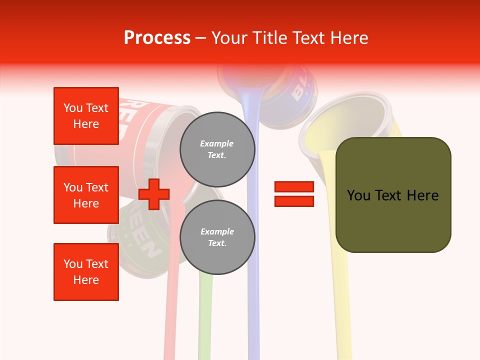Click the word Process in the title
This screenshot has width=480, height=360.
click(x=157, y=38)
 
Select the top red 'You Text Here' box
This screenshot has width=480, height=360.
click(x=86, y=116)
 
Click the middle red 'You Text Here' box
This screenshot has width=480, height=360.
click(x=86, y=195)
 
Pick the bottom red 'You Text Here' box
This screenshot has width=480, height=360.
click(x=86, y=272)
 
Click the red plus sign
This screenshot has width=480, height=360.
click(x=154, y=194)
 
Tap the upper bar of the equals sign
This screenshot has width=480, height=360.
click(x=294, y=186)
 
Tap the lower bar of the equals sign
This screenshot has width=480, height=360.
click(x=294, y=201)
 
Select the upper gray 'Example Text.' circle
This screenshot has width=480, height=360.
click(x=217, y=149)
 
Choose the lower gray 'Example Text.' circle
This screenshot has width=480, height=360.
click(x=217, y=237)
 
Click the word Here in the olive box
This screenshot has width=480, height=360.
click(x=420, y=195)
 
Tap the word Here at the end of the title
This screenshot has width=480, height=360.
click(x=348, y=38)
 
